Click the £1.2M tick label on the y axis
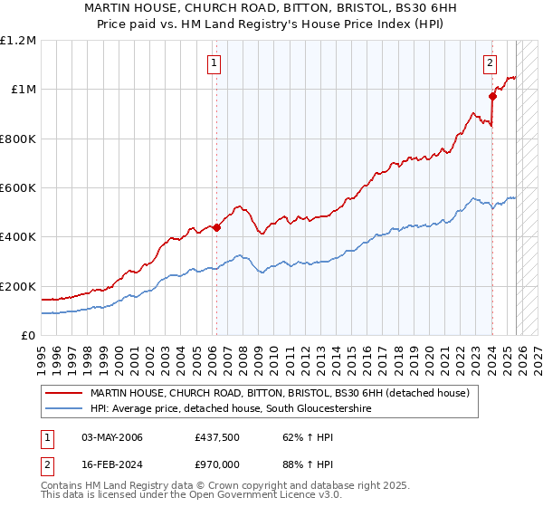pos(18,40)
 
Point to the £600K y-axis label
pos(18,187)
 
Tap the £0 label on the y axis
pos(28,335)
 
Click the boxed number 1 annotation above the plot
pos(214,63)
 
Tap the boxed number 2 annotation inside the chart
pos(490,63)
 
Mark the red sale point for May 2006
pos(216,228)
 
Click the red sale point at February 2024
pos(492,96)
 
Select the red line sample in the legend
pos(64,394)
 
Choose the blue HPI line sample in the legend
pos(64,409)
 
